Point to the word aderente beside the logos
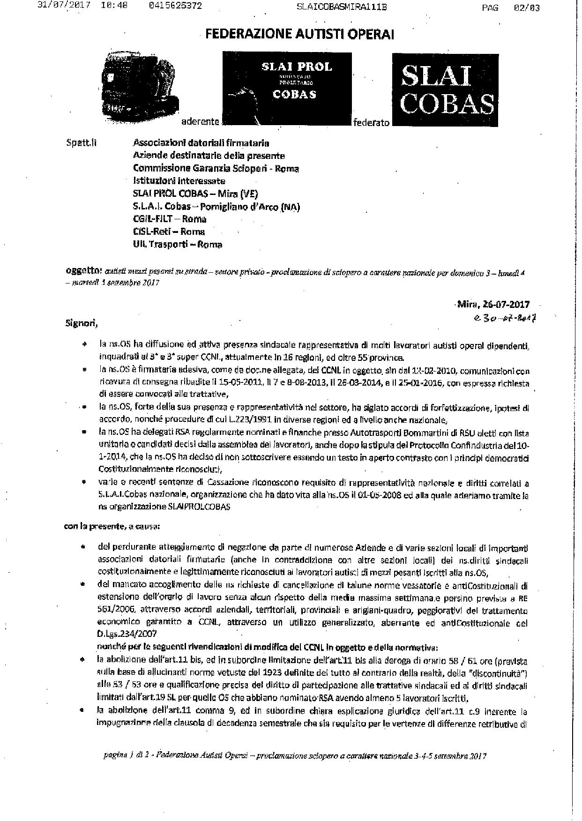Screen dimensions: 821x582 click(201, 121)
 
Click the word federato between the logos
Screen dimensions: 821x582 click(372, 123)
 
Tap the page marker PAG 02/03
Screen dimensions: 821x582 click(511, 7)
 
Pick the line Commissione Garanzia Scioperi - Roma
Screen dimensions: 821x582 click(216, 168)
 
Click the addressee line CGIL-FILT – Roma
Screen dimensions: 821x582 click(170, 219)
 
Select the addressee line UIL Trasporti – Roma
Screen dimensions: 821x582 click(178, 244)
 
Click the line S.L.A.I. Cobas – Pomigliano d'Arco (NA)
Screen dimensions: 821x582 click(216, 206)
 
